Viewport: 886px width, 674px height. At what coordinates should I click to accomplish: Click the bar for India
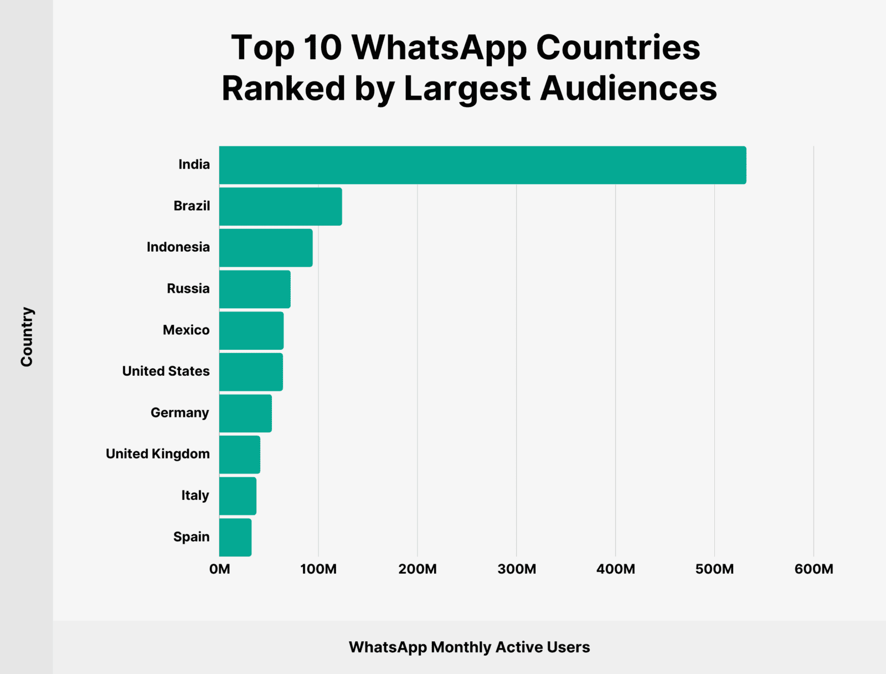click(x=482, y=165)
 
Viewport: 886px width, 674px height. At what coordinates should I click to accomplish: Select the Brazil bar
click(x=280, y=206)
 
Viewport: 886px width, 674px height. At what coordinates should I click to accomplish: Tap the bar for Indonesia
click(x=266, y=248)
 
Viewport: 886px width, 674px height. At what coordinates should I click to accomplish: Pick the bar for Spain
click(x=235, y=537)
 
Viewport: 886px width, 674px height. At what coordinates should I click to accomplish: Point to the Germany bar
click(x=245, y=413)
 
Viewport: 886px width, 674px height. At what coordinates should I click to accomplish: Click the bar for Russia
click(x=255, y=289)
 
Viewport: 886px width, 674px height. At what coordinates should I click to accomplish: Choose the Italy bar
click(x=238, y=496)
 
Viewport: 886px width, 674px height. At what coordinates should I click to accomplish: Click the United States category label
click(x=166, y=371)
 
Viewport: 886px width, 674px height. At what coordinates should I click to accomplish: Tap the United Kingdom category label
click(x=158, y=454)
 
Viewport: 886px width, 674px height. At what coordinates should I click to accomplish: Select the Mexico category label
click(x=186, y=330)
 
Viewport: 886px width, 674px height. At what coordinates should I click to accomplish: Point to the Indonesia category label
click(x=178, y=247)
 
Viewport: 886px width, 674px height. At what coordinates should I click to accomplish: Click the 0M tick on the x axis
click(x=220, y=569)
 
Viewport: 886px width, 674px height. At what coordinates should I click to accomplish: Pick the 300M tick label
click(x=517, y=569)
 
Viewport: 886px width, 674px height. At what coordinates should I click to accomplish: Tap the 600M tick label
click(x=813, y=569)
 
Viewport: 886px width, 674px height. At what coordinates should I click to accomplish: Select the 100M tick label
click(x=318, y=569)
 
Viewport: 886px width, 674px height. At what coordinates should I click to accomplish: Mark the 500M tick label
click(x=714, y=569)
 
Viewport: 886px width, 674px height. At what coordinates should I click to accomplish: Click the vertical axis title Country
click(x=27, y=336)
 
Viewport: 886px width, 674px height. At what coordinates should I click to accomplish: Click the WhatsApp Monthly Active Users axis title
click(x=469, y=647)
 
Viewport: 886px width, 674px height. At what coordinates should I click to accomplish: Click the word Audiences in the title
click(x=628, y=89)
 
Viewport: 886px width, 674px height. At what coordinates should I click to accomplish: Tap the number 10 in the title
click(x=323, y=48)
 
